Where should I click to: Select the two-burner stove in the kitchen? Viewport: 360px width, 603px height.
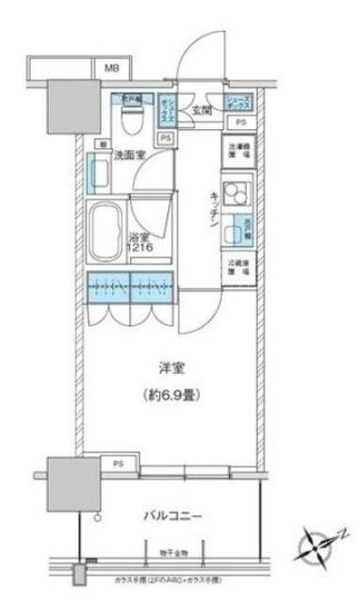(x=237, y=193)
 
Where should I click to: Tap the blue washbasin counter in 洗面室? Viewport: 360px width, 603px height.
(x=96, y=173)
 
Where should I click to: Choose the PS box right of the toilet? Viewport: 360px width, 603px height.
(x=167, y=138)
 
